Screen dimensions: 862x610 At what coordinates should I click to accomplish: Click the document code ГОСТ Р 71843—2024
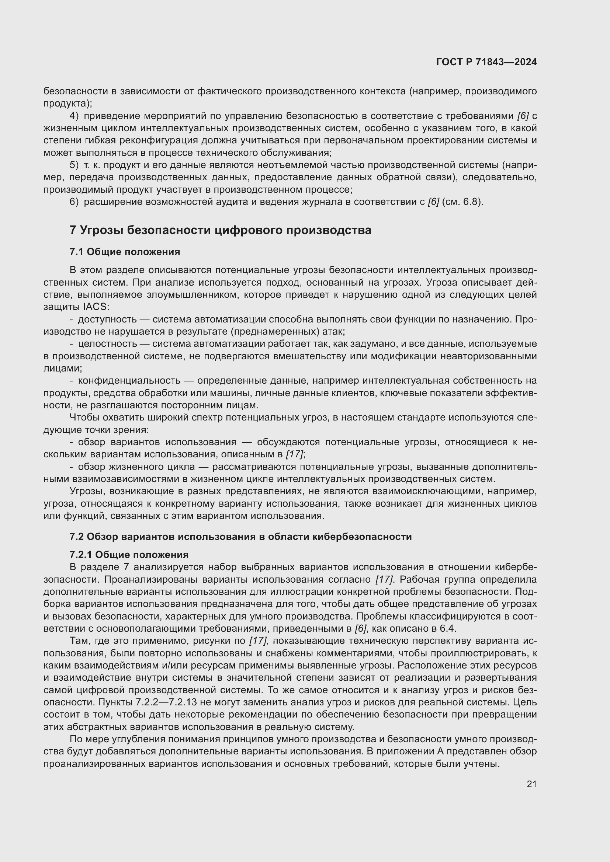[486, 62]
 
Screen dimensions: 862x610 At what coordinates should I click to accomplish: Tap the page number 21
[531, 784]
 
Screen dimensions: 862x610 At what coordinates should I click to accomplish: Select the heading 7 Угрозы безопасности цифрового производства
[221, 230]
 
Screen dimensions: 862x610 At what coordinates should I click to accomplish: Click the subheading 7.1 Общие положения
[125, 252]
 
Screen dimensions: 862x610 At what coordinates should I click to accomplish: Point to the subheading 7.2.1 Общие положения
[129, 555]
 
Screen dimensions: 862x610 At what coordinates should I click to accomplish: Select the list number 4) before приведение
[74, 116]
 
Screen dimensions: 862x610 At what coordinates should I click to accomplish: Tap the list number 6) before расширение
[74, 202]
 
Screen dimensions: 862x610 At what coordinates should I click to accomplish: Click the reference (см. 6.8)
[462, 202]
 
